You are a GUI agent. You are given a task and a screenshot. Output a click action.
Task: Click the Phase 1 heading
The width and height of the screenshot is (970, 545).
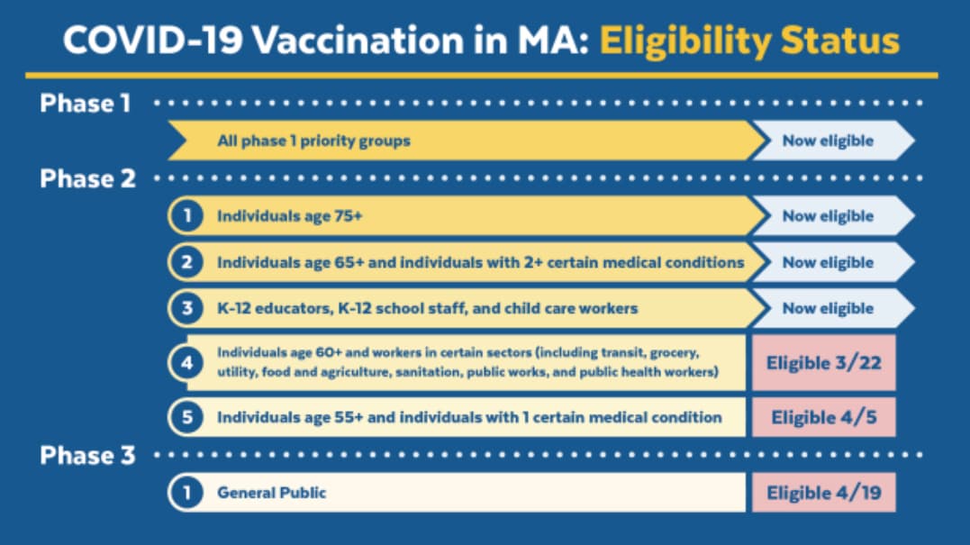click(86, 104)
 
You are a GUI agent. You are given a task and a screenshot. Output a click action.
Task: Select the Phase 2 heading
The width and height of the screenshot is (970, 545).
click(88, 178)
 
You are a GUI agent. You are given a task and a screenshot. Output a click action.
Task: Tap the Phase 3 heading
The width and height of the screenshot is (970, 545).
click(88, 455)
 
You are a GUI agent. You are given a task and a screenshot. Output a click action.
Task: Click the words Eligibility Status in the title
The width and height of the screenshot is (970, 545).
click(749, 41)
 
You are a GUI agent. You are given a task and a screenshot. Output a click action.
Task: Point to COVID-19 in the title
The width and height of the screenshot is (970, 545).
click(152, 41)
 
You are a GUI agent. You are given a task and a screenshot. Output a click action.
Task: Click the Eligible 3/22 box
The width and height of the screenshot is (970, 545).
click(823, 362)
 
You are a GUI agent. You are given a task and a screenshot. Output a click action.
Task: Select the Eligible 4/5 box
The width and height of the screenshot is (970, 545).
click(823, 417)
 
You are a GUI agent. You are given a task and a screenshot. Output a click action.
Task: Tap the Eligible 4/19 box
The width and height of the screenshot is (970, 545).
click(823, 493)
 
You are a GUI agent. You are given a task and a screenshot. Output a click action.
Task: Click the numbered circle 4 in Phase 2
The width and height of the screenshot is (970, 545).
click(186, 362)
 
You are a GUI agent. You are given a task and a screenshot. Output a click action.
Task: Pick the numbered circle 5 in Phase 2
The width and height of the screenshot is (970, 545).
click(186, 417)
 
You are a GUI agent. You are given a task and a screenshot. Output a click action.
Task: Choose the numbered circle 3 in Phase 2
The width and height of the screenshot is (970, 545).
click(186, 308)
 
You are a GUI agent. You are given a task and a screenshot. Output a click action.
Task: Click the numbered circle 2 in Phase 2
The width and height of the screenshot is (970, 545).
click(186, 262)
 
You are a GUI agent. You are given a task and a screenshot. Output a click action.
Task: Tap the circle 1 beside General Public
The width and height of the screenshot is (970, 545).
click(186, 493)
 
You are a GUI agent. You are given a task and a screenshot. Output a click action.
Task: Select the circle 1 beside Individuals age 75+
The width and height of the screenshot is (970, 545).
click(186, 216)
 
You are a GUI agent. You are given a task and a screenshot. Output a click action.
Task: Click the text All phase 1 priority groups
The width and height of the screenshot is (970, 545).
click(313, 141)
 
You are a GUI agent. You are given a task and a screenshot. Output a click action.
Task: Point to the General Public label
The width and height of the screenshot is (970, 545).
click(272, 493)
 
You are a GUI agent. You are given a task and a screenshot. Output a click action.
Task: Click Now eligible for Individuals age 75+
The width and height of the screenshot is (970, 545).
click(829, 216)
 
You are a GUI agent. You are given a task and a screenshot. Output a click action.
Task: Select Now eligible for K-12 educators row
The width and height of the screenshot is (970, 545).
click(829, 308)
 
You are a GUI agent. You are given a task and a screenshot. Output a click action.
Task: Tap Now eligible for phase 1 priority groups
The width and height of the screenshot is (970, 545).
click(829, 141)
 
